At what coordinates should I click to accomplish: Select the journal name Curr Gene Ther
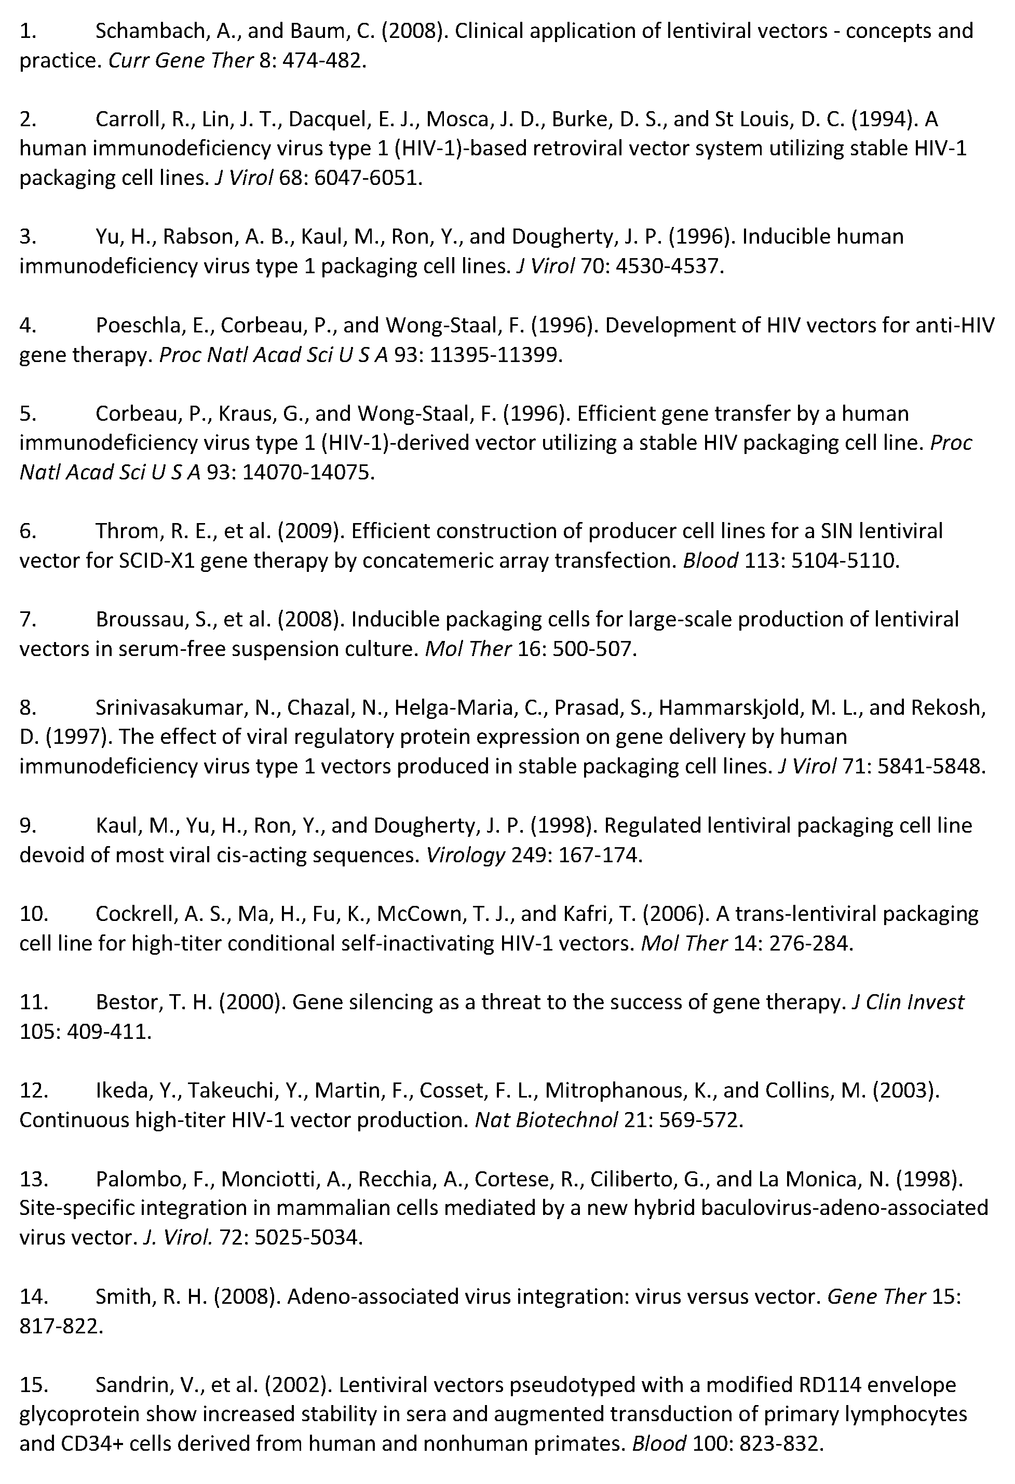click(x=181, y=61)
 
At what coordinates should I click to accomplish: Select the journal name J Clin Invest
click(x=909, y=1002)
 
